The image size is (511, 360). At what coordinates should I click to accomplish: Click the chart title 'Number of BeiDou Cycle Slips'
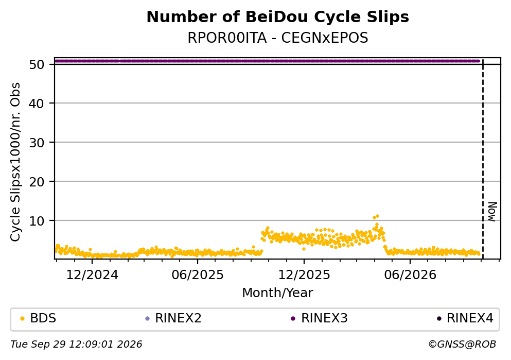[x=278, y=17]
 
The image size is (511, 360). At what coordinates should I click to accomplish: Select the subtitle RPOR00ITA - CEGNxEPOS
[x=278, y=38]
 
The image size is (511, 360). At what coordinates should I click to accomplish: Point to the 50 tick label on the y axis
[x=37, y=64]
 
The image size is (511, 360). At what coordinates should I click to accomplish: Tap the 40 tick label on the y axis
[x=37, y=104]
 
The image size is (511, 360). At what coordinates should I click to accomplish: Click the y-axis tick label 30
[x=37, y=143]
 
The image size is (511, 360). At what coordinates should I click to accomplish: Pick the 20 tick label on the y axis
[x=37, y=182]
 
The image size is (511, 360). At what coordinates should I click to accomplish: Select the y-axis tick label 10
[x=37, y=221]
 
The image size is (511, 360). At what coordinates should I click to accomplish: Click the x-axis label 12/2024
[x=92, y=275]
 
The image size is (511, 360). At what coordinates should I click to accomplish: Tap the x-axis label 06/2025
[x=198, y=275]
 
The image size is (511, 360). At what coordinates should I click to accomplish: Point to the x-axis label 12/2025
[x=304, y=275]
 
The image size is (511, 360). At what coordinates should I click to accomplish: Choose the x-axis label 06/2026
[x=410, y=275]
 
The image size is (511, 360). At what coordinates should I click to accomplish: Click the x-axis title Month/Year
[x=278, y=293]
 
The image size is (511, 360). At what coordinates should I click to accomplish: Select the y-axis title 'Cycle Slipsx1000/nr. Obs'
[x=15, y=162]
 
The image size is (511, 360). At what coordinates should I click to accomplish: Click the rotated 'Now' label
[x=492, y=212]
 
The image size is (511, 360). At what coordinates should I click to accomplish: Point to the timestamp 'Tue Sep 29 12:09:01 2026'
[x=76, y=345]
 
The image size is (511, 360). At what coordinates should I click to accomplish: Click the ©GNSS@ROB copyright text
[x=462, y=345]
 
